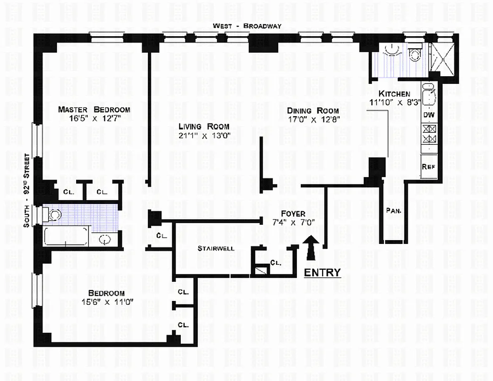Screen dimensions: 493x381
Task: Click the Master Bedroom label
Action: [94, 110]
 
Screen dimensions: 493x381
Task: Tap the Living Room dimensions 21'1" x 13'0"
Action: [205, 136]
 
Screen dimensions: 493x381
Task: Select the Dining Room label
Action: [313, 110]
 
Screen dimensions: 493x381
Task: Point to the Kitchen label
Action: [394, 93]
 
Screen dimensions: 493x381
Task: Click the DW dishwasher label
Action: [429, 115]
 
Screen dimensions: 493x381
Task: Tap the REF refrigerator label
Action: [428, 166]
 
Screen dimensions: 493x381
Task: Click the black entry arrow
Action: [311, 248]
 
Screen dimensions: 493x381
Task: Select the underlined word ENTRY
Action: [322, 272]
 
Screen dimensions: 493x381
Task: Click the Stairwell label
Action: [216, 248]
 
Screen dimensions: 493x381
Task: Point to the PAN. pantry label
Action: [394, 211]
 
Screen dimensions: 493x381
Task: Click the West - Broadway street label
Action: [247, 26]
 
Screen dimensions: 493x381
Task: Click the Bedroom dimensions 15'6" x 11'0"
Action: [108, 302]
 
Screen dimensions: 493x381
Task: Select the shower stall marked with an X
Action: [442, 59]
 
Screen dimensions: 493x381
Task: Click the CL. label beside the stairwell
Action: [162, 235]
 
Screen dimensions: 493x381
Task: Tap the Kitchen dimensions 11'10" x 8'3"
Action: [395, 102]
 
